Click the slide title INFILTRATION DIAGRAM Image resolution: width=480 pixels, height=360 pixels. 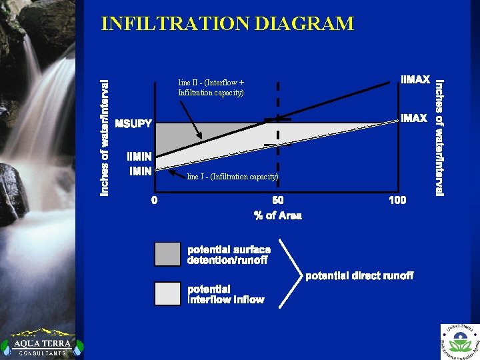pyautogui.click(x=227, y=24)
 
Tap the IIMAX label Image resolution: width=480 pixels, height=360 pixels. pyautogui.click(x=415, y=80)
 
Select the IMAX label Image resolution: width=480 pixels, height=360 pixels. pyautogui.click(x=413, y=118)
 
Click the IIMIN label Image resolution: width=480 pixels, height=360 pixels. pyautogui.click(x=139, y=157)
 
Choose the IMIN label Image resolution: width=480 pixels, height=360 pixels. pyautogui.click(x=140, y=171)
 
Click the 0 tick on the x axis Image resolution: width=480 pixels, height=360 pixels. pyautogui.click(x=155, y=200)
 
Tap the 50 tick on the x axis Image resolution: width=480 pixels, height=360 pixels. pyautogui.click(x=277, y=200)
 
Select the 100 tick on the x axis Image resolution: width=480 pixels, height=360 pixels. pyautogui.click(x=397, y=200)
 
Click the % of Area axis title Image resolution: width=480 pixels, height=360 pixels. pyautogui.click(x=277, y=215)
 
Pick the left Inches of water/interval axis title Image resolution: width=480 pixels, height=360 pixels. pyautogui.click(x=104, y=138)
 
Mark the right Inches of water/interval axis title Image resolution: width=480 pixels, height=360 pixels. pyautogui.click(x=439, y=138)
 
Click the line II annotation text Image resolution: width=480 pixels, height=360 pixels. pyautogui.click(x=211, y=87)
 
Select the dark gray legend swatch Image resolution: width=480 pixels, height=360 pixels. pyautogui.click(x=167, y=254)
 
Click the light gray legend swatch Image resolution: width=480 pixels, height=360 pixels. pyautogui.click(x=167, y=294)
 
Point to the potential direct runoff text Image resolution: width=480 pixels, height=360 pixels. pyautogui.click(x=359, y=275)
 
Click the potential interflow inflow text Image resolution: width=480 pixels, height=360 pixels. pyautogui.click(x=225, y=295)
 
